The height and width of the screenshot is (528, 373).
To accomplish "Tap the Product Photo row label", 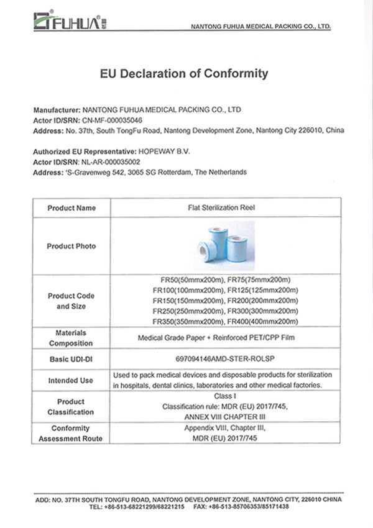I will (x=71, y=246).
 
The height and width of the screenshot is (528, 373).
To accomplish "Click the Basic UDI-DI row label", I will (x=71, y=360).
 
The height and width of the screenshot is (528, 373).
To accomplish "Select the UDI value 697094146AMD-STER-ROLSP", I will (x=226, y=360).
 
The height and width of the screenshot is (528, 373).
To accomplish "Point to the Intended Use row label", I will (x=71, y=380).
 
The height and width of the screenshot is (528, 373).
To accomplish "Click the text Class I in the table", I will (x=226, y=395).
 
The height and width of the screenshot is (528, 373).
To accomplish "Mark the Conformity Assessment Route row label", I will (x=71, y=434).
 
